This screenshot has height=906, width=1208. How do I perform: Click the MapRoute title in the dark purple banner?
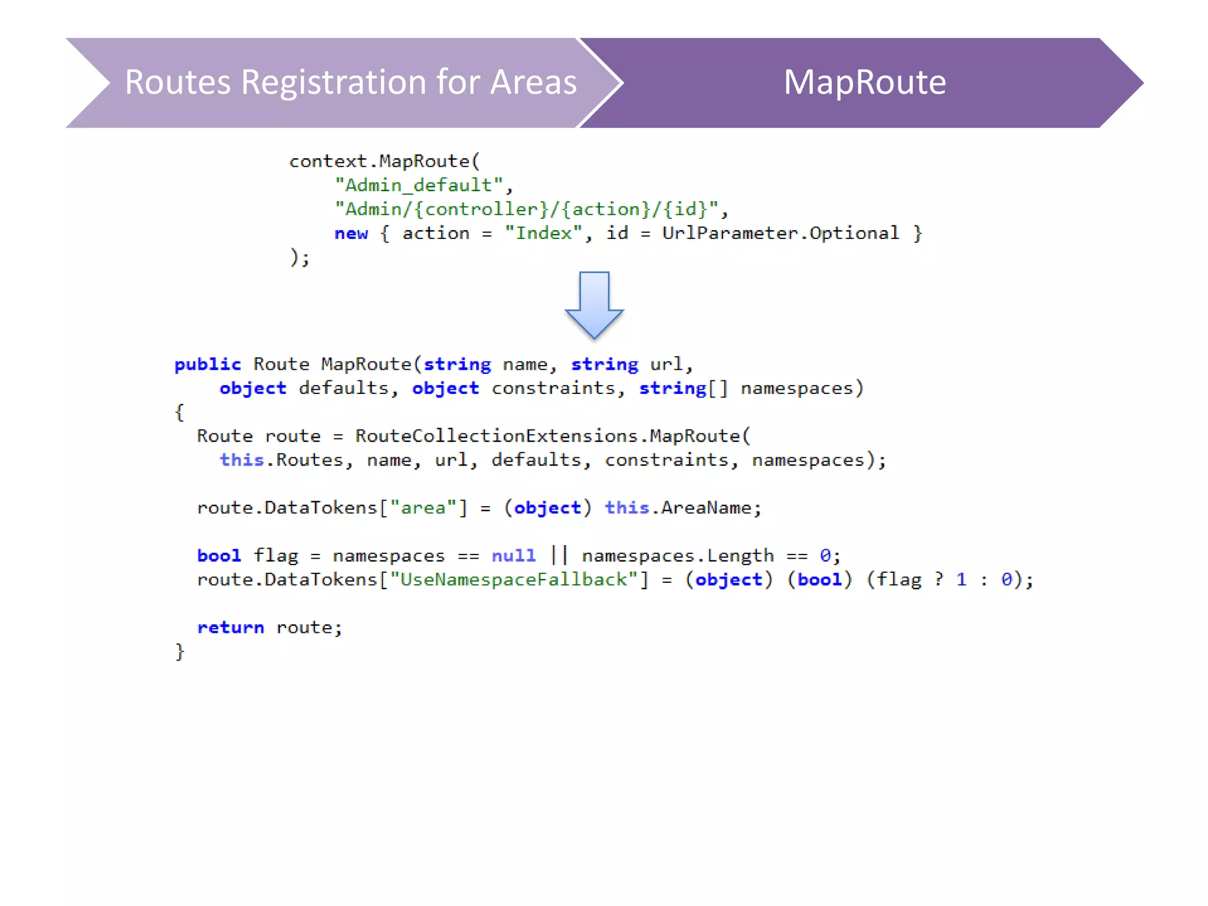click(x=864, y=82)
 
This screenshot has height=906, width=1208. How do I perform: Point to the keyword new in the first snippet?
click(x=351, y=234)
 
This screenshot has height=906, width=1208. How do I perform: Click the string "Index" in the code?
click(x=543, y=234)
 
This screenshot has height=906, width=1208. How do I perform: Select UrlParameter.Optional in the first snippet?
click(x=780, y=234)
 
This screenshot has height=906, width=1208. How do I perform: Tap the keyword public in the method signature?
click(x=208, y=365)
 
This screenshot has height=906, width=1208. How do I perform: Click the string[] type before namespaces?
click(x=684, y=389)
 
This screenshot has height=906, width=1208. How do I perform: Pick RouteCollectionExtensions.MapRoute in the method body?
click(x=553, y=436)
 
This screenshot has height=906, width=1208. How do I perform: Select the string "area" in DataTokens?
click(x=423, y=508)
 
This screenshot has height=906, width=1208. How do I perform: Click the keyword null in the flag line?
click(x=514, y=556)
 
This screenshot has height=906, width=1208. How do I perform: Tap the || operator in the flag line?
click(x=559, y=555)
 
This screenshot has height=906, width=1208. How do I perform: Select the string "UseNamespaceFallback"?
click(x=514, y=580)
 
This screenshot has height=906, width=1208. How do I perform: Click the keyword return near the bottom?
click(x=231, y=628)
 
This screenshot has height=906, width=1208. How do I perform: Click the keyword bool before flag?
click(x=219, y=556)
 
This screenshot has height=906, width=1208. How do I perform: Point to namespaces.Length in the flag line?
click(x=678, y=556)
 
